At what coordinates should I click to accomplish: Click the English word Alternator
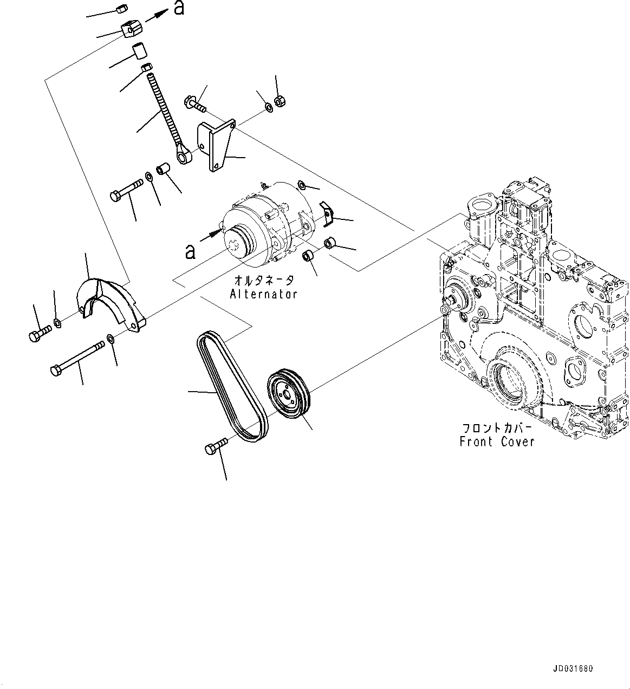point(263,294)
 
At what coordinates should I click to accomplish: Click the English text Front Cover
point(497,441)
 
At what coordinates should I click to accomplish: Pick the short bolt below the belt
point(215,447)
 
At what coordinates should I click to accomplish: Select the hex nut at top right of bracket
point(281,101)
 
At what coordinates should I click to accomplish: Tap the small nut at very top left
point(122,8)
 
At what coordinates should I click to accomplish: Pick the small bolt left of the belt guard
point(38,333)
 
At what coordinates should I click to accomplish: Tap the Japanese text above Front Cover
point(497,427)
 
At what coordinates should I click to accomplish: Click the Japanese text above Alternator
point(264,281)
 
